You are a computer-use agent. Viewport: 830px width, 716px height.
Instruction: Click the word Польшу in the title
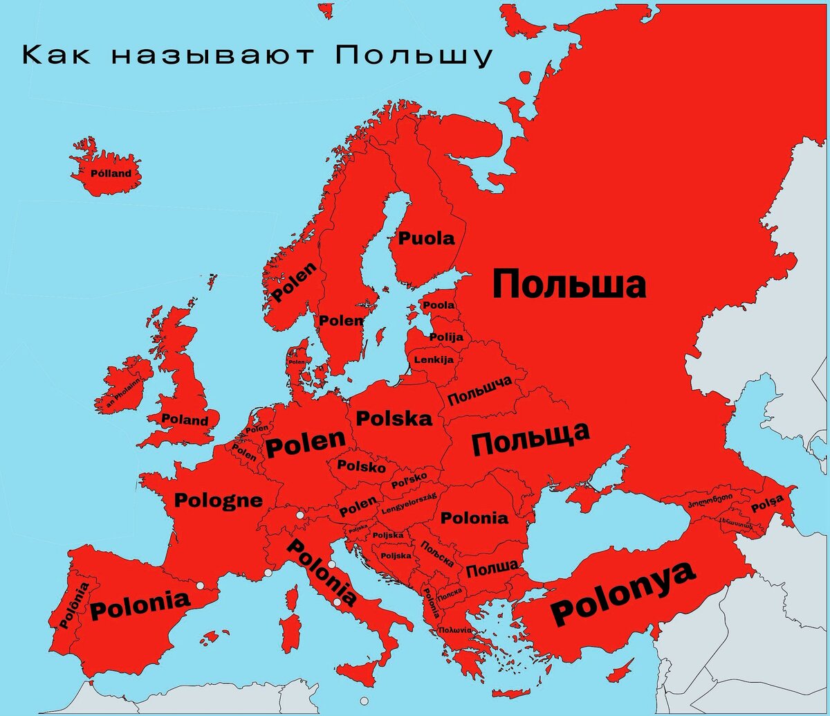[x=414, y=56]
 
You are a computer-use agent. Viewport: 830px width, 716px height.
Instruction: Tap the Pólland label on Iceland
[x=111, y=173]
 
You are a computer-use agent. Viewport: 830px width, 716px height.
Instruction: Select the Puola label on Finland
[x=426, y=239]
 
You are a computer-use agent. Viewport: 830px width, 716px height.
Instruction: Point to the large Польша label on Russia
[x=569, y=285]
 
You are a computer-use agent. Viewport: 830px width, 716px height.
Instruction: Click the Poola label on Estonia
[x=439, y=305]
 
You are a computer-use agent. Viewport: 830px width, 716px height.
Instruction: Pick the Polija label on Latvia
[x=446, y=337]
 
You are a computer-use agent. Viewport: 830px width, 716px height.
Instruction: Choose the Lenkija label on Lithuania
[x=434, y=360]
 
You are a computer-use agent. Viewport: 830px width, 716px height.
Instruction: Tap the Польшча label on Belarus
[x=479, y=391]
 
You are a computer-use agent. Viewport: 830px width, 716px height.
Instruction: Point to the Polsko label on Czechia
[x=361, y=467]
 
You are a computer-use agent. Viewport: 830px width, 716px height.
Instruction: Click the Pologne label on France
[x=219, y=500]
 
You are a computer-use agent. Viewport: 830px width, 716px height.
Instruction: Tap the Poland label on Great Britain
[x=184, y=420]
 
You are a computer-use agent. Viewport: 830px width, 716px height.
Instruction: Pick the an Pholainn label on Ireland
[x=123, y=393]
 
